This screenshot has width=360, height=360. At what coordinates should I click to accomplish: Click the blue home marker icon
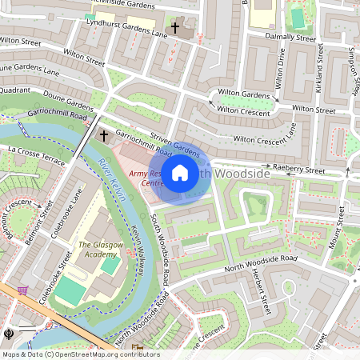click(180, 172)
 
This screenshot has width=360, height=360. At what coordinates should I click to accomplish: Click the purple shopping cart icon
click(22, 290)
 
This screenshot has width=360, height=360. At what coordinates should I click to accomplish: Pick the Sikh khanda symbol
click(7, 330)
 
